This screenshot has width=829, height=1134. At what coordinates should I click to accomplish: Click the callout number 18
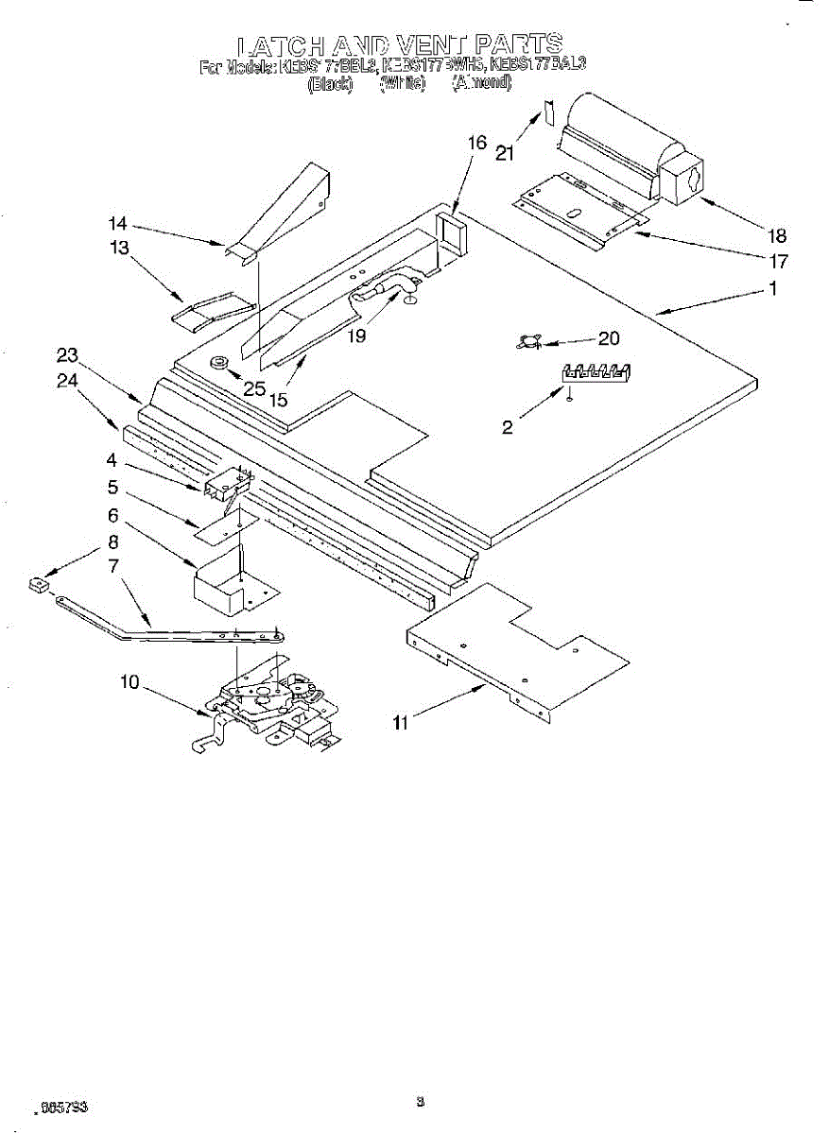click(x=778, y=236)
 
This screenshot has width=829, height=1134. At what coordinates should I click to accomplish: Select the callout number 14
click(x=117, y=224)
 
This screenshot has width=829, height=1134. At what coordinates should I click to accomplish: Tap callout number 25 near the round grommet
click(x=252, y=387)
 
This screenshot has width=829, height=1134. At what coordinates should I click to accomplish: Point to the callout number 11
click(x=402, y=723)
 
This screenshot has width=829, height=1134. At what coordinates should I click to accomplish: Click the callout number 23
click(x=66, y=355)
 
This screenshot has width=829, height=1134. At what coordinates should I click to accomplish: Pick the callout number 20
click(x=609, y=337)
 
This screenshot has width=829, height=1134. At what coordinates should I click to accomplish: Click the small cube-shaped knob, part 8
click(x=38, y=585)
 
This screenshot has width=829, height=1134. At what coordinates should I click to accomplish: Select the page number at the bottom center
click(x=420, y=1102)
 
